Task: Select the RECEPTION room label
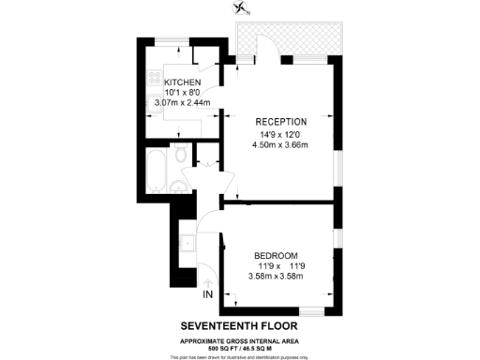[x=281, y=121]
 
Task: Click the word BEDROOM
[x=276, y=255]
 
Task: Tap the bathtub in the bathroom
[x=157, y=171]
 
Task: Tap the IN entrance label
[x=207, y=295]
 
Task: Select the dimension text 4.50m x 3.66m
[x=281, y=145]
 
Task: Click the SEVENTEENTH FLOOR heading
[x=240, y=325]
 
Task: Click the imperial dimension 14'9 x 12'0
[x=281, y=134]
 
